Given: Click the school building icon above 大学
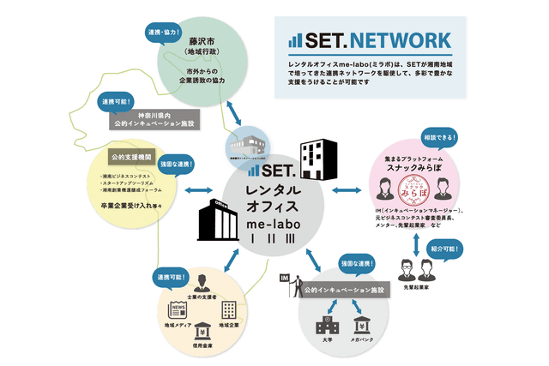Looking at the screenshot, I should point(326,326).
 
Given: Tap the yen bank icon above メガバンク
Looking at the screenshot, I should point(364,326).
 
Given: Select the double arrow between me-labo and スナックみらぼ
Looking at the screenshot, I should point(347,189).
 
